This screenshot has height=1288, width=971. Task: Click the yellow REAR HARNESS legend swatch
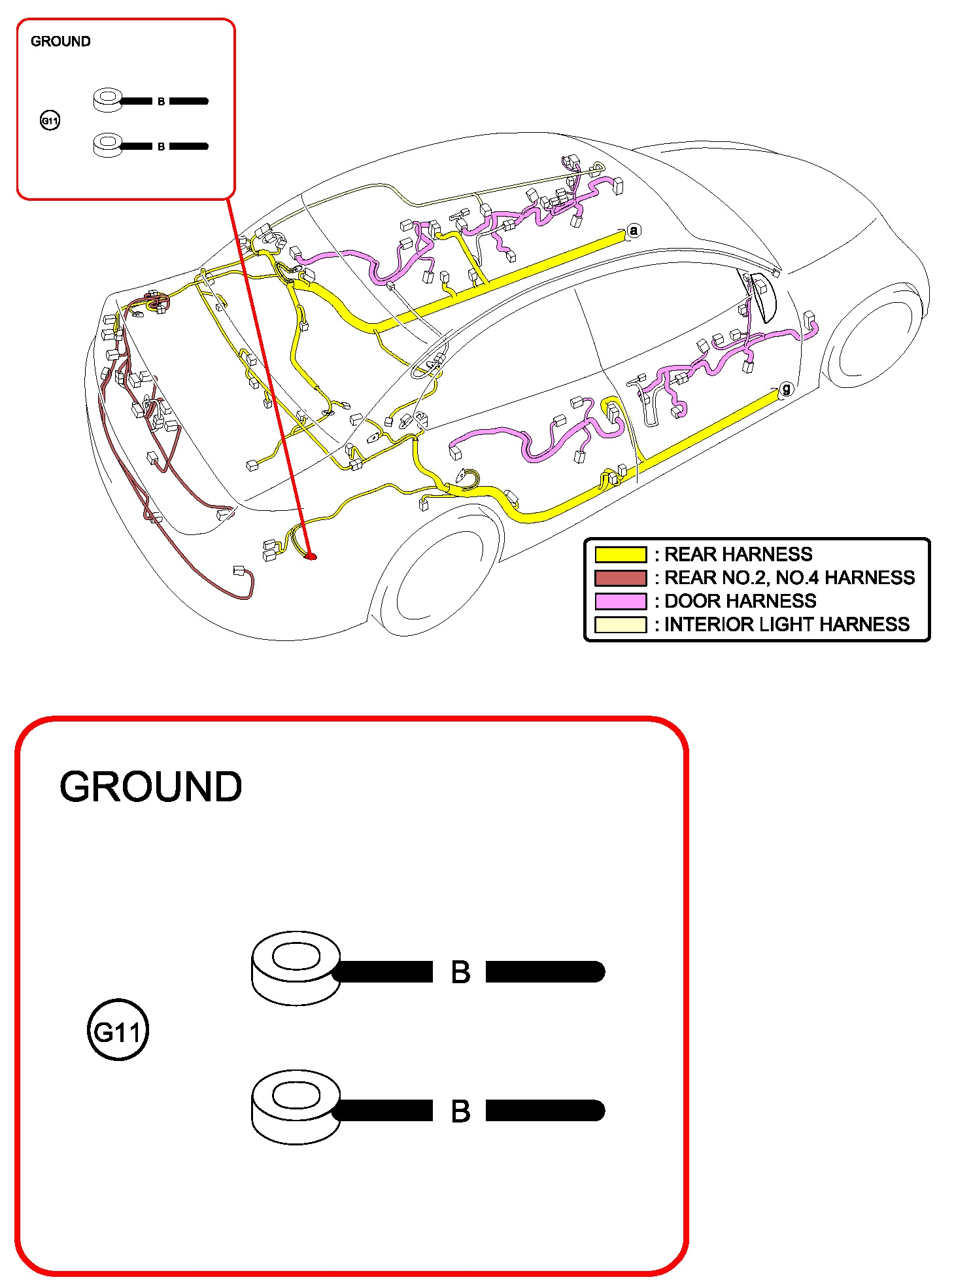pyautogui.click(x=620, y=555)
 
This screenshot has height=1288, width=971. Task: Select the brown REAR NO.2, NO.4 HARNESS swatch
pyautogui.click(x=620, y=578)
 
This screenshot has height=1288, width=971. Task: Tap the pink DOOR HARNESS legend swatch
pyautogui.click(x=620, y=601)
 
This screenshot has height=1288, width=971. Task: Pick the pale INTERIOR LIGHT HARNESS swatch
pyautogui.click(x=620, y=625)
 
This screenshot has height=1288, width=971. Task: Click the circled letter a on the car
pyautogui.click(x=633, y=231)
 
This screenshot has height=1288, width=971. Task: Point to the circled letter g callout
pyautogui.click(x=786, y=389)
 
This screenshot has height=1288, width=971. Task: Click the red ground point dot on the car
pyautogui.click(x=311, y=556)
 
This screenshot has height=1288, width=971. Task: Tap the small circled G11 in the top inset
pyautogui.click(x=50, y=120)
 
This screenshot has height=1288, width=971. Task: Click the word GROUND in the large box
pyautogui.click(x=150, y=786)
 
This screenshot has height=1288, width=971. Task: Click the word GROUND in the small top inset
pyautogui.click(x=60, y=41)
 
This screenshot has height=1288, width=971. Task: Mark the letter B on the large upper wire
pyautogui.click(x=460, y=972)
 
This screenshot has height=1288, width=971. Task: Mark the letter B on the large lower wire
pyautogui.click(x=460, y=1111)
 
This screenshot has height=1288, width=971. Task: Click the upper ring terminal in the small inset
pyautogui.click(x=108, y=100)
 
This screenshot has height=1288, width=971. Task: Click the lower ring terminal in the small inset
pyautogui.click(x=108, y=145)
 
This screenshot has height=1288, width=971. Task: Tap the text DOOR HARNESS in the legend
pyautogui.click(x=740, y=601)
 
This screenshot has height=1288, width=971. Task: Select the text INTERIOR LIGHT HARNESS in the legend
pyautogui.click(x=787, y=625)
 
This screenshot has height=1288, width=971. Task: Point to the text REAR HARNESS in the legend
pyautogui.click(x=738, y=555)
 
